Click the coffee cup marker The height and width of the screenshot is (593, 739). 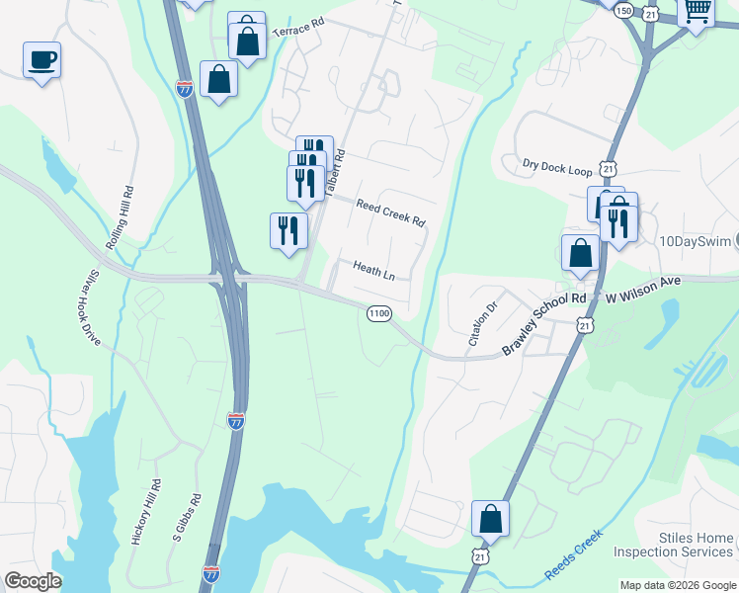coord(41,60)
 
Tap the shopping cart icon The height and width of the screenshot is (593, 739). coord(697,12)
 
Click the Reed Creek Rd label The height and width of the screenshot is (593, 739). coord(390,210)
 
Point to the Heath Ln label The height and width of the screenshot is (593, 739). coord(373,270)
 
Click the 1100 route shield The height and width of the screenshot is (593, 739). coord(378,313)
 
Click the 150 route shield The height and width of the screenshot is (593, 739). coord(623,10)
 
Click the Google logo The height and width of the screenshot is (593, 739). coord(33,581)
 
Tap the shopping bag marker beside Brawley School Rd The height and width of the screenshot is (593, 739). coord(580,254)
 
